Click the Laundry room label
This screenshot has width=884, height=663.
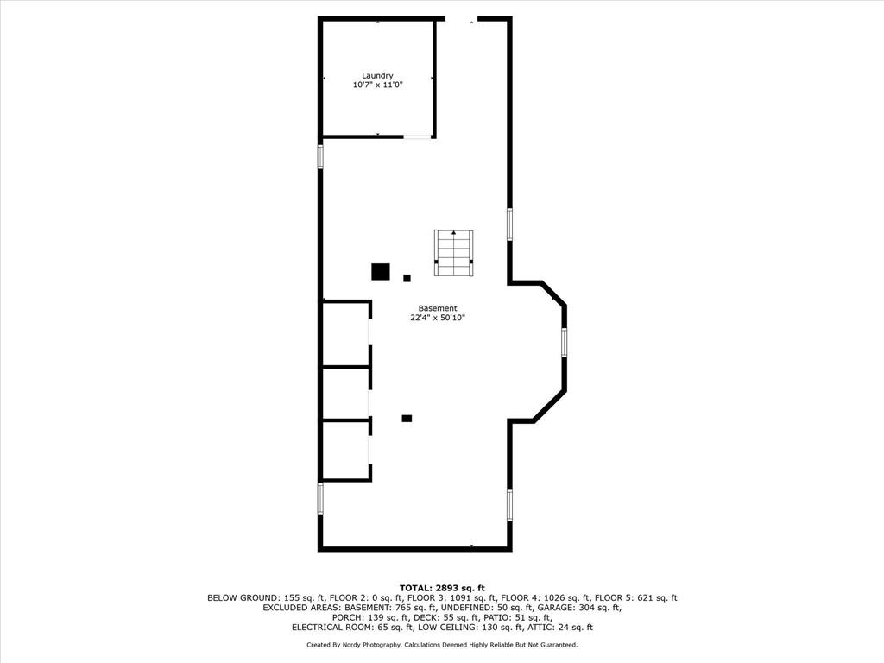point(377,76)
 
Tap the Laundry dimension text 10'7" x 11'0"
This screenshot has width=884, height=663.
point(378,85)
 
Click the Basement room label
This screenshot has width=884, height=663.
point(438,308)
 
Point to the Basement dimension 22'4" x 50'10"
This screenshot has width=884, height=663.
point(438,318)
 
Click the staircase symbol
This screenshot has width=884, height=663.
point(453,253)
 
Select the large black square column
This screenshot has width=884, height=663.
point(381,272)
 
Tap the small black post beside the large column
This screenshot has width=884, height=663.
point(407,278)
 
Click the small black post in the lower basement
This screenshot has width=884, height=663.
point(407,419)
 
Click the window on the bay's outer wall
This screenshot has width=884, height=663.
point(564,342)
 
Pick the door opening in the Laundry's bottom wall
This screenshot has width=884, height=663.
point(417,136)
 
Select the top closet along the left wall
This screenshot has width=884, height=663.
point(345,334)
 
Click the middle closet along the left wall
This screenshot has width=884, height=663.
point(345,394)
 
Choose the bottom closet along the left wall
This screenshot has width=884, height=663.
point(345,451)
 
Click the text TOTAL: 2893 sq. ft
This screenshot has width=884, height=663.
point(442,589)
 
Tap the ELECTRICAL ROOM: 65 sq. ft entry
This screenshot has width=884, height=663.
point(352,628)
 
